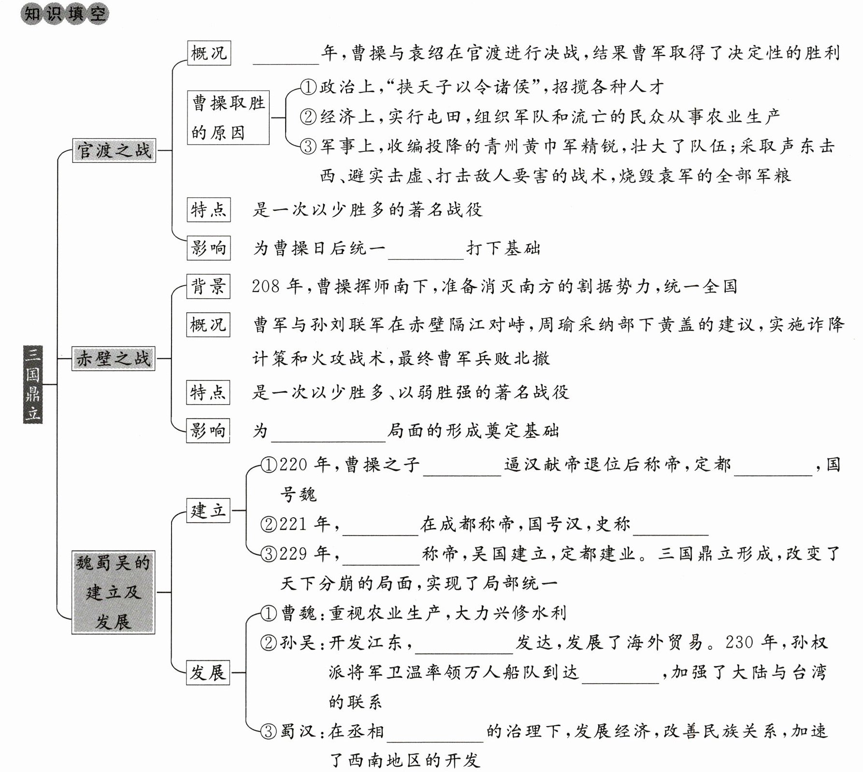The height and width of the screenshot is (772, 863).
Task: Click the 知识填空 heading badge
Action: point(65,14)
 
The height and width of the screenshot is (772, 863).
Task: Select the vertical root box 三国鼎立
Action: point(33,384)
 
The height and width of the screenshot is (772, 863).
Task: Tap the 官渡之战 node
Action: point(114,150)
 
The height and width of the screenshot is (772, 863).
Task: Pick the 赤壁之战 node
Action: point(114,359)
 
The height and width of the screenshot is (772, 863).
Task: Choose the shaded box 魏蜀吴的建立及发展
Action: point(114,592)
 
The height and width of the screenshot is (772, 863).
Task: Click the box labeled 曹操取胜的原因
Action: point(228,117)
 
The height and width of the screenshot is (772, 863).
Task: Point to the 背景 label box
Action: point(208,287)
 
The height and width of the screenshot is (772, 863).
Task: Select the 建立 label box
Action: point(208,510)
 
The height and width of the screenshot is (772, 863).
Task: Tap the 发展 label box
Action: point(208,672)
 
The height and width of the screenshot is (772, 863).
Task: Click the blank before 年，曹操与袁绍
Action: point(286,56)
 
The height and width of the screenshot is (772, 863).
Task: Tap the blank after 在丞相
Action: point(435,734)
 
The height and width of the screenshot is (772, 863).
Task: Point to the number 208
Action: point(266,287)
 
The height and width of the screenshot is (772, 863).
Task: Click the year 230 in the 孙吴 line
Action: point(739,642)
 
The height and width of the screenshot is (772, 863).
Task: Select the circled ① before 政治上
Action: point(308,87)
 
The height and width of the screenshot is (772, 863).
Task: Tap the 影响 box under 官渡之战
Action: point(208,248)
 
